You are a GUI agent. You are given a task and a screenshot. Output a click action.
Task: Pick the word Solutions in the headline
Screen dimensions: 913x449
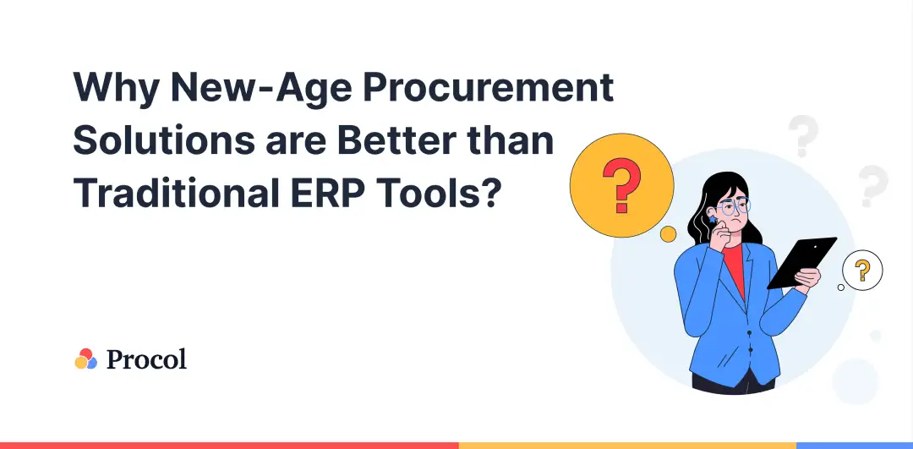[x=164, y=140]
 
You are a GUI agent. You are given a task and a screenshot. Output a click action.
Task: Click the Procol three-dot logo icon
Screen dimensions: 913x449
[x=85, y=359]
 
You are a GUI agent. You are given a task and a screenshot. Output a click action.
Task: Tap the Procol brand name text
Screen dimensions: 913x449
[x=147, y=359]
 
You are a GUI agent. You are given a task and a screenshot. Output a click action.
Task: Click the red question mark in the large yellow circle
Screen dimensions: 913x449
[x=621, y=185]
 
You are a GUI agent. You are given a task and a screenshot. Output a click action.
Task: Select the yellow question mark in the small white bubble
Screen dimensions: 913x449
[x=862, y=271]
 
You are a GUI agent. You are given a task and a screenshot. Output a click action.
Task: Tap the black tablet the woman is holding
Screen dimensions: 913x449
[x=801, y=263]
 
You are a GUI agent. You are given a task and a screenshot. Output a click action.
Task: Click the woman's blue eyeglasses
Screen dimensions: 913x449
[x=734, y=206]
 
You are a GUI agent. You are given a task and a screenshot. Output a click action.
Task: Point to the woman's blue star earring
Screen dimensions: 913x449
[x=712, y=219]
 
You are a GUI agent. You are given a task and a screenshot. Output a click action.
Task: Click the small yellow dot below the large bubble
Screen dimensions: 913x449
[x=668, y=234]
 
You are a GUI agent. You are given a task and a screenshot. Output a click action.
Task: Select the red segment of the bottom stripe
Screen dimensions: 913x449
[x=229, y=446]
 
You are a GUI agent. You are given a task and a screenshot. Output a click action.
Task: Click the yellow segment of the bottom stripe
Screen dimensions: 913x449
[x=627, y=446]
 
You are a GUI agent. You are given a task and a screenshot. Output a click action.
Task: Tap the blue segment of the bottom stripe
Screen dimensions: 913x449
[x=855, y=446]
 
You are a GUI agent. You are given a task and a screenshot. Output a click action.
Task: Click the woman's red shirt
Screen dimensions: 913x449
[x=735, y=268]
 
